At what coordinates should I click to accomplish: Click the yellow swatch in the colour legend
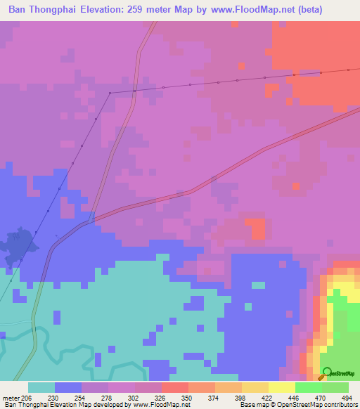click(x=281, y=387)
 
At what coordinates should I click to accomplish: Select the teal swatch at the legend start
click(x=41, y=387)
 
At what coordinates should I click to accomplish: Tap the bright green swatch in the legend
click(x=308, y=387)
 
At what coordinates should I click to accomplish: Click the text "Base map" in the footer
click(x=250, y=405)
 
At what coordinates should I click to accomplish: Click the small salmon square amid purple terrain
click(x=257, y=229)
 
